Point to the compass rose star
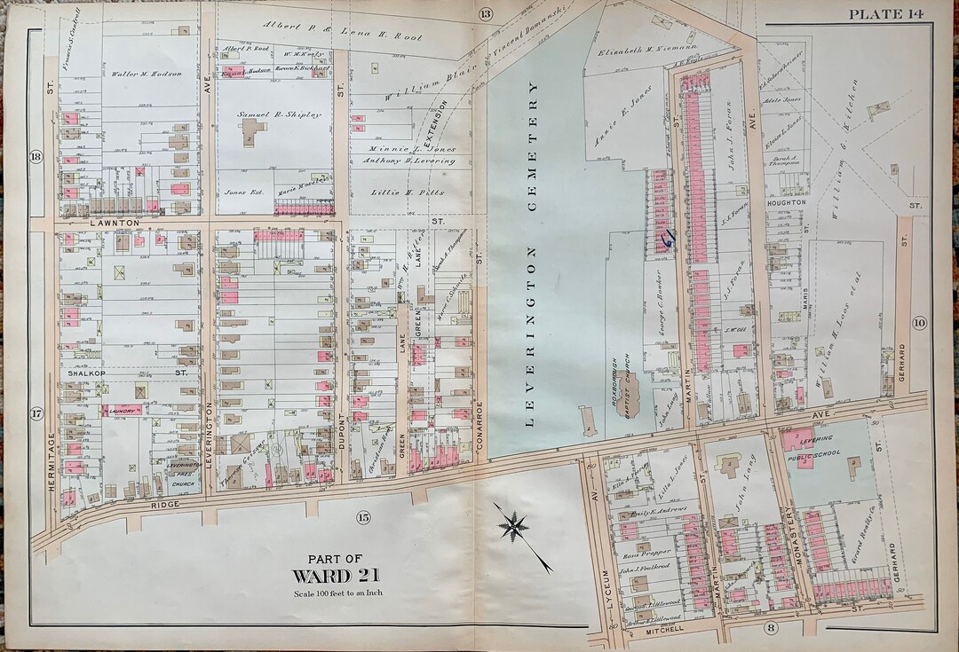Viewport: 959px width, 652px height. (514, 526)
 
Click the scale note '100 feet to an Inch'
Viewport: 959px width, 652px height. (335, 593)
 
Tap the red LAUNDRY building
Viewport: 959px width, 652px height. (121, 411)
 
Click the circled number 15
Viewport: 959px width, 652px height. (362, 517)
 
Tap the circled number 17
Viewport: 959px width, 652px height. (36, 413)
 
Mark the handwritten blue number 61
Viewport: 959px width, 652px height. (667, 237)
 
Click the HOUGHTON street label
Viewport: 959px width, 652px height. (786, 202)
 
